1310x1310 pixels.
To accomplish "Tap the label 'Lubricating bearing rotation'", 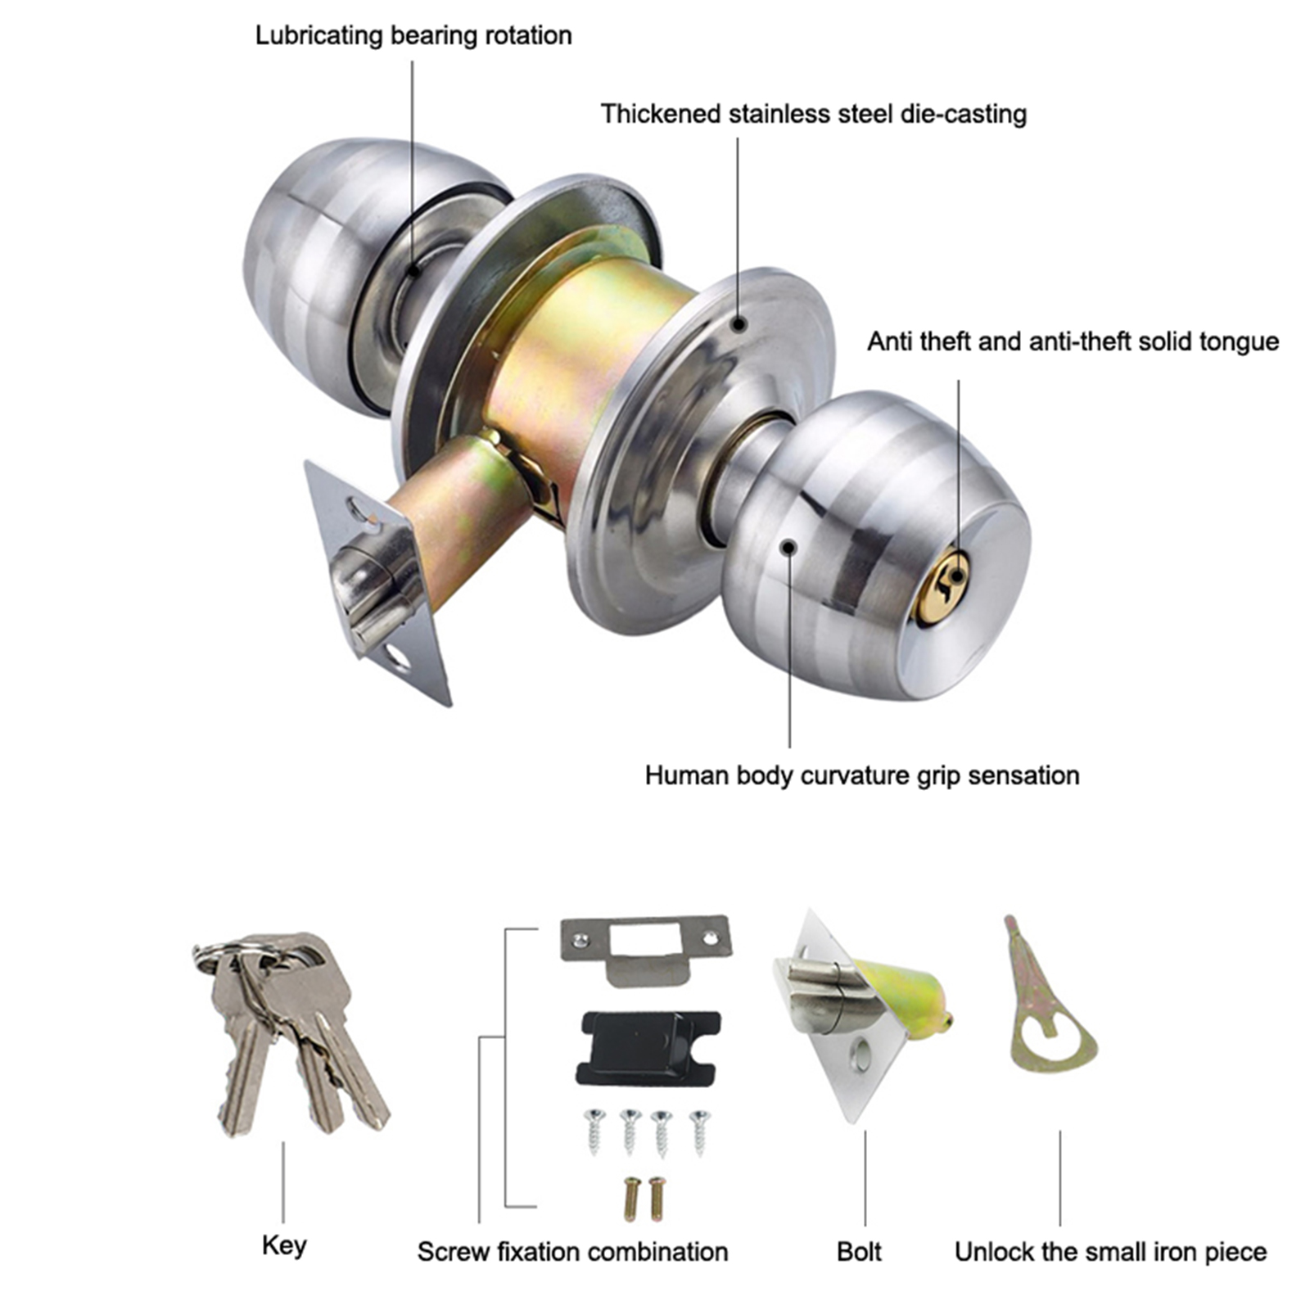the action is click(413, 35).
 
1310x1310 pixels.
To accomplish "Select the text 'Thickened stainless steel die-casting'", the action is click(814, 114).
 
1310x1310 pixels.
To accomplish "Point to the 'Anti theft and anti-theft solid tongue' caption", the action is click(1073, 341).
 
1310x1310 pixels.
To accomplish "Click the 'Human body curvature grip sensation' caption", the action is click(862, 775).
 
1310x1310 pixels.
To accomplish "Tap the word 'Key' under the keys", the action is click(284, 1246).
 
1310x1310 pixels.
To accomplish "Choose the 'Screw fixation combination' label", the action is click(572, 1251).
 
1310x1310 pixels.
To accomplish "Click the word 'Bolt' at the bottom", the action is click(859, 1251).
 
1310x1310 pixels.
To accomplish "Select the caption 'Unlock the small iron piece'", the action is click(1110, 1251).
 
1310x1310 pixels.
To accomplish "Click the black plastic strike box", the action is click(648, 1049).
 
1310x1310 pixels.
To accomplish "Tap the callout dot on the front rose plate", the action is click(739, 324).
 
